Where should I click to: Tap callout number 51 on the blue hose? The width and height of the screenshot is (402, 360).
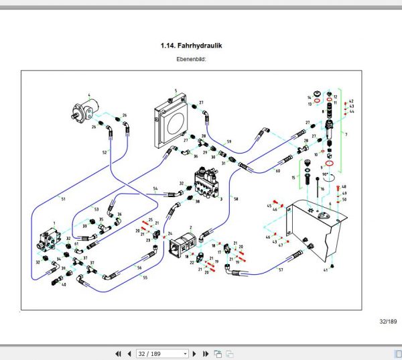tap(63, 199)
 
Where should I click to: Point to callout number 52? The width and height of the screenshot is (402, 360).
tap(104, 153)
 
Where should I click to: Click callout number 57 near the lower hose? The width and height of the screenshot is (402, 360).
tap(281, 269)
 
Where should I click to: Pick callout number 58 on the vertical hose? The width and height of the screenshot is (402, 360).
tap(236, 198)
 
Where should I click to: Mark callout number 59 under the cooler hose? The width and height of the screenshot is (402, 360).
tap(228, 142)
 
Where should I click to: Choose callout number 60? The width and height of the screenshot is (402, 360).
tap(277, 171)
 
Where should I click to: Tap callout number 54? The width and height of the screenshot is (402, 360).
tap(155, 188)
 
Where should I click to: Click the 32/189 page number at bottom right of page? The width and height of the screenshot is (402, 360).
tap(388, 322)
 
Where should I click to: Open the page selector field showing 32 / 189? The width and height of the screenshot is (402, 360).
tap(161, 353)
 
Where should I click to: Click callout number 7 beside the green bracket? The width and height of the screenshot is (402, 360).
tap(346, 135)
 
